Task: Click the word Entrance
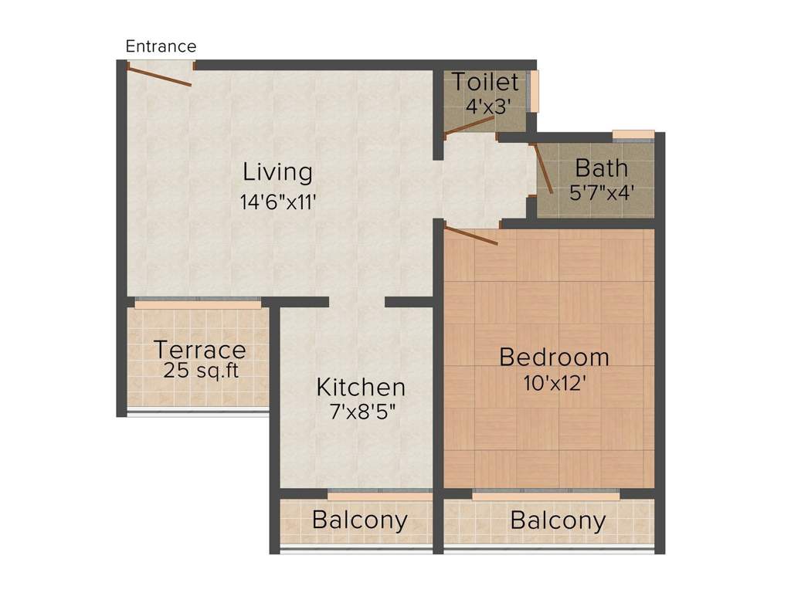[x=161, y=46]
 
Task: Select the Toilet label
[x=485, y=81]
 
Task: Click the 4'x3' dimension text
[x=488, y=107]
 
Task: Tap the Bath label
[x=602, y=168]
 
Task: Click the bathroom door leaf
[x=543, y=168]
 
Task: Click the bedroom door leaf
[x=471, y=236]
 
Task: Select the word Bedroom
[x=554, y=357]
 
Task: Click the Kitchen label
[x=361, y=386]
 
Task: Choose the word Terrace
[x=199, y=350]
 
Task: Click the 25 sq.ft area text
[x=201, y=371]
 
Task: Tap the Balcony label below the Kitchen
[x=359, y=520]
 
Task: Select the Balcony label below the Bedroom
[x=558, y=520]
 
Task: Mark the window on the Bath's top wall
[x=633, y=136]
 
